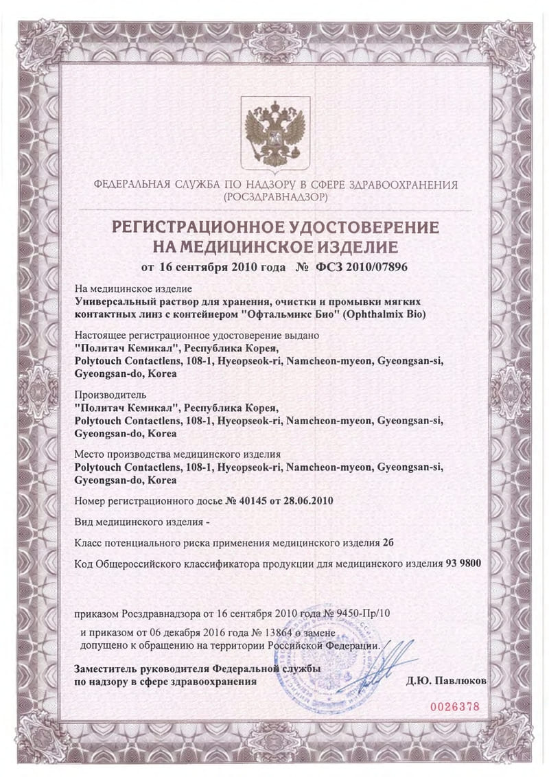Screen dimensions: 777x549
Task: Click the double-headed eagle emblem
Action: pyautogui.click(x=274, y=132)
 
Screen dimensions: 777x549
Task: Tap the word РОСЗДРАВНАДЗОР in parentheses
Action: pyautogui.click(x=274, y=197)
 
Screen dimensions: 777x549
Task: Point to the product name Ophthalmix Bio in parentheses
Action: pyautogui.click(x=384, y=314)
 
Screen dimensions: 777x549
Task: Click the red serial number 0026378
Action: pyautogui.click(x=453, y=706)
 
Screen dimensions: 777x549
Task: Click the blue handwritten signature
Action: pyautogui.click(x=384, y=664)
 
